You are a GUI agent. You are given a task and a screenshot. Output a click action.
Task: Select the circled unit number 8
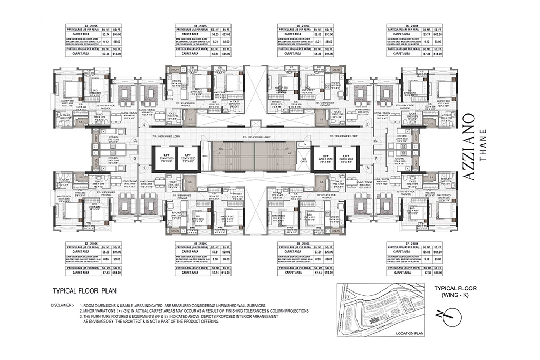(x=367, y=168)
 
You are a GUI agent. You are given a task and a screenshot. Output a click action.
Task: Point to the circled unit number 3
(x=135, y=141)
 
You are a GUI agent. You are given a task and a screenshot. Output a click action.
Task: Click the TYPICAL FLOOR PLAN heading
(x=84, y=290)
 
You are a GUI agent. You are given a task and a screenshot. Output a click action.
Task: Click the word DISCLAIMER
(x=62, y=305)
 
